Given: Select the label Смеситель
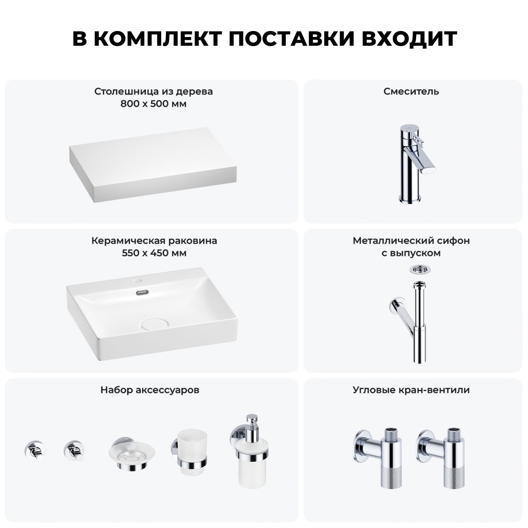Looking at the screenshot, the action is point(411,92).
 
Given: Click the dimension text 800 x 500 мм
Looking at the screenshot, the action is point(153,104).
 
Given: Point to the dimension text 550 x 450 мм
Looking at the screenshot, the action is point(154,253).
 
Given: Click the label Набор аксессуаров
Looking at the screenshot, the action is point(150,390).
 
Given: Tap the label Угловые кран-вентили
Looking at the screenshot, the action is point(411,390).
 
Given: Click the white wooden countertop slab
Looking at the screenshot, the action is point(153,164).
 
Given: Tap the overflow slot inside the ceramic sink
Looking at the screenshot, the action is point(142,292).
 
